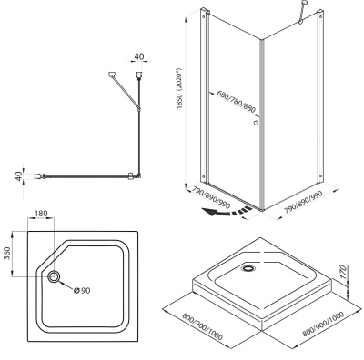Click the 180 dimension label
coord(41,214)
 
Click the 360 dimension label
coord(7,254)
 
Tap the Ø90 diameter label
coord(82,290)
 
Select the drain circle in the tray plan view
coord(54,276)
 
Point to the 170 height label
coord(343,272)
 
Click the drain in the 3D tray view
coord(249,268)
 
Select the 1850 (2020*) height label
coord(179,88)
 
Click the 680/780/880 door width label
coord(237,101)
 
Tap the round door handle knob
coord(256,123)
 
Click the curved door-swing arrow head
coord(210,213)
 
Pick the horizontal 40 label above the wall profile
coord(139,56)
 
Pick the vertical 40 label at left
coord(19,176)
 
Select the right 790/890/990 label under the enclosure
coord(304,203)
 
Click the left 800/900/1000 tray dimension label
coord(202,326)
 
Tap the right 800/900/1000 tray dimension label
coord(323,324)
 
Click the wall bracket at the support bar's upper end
coord(112,75)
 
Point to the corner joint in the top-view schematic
coord(139,175)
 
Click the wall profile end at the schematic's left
coord(40,175)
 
